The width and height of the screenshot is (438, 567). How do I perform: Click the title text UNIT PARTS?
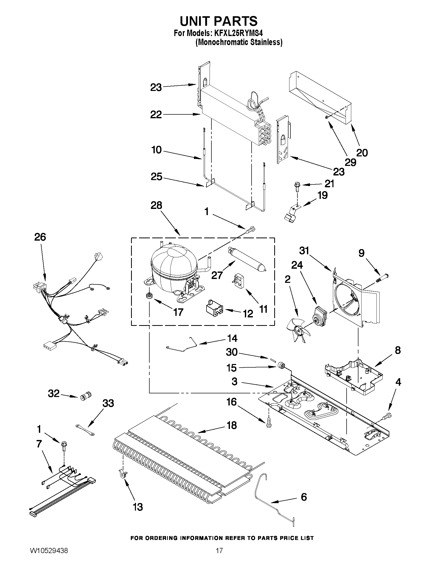click(219, 21)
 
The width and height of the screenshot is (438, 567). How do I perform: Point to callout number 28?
click(156, 205)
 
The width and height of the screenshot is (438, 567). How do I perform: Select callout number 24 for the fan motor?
click(297, 265)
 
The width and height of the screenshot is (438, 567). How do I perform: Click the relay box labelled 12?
click(213, 309)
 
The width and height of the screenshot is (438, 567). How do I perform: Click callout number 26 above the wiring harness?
click(40, 237)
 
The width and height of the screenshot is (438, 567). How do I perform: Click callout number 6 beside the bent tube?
click(304, 497)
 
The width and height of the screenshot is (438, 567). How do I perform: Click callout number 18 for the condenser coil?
click(232, 425)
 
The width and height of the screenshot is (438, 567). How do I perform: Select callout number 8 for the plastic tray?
click(398, 350)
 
